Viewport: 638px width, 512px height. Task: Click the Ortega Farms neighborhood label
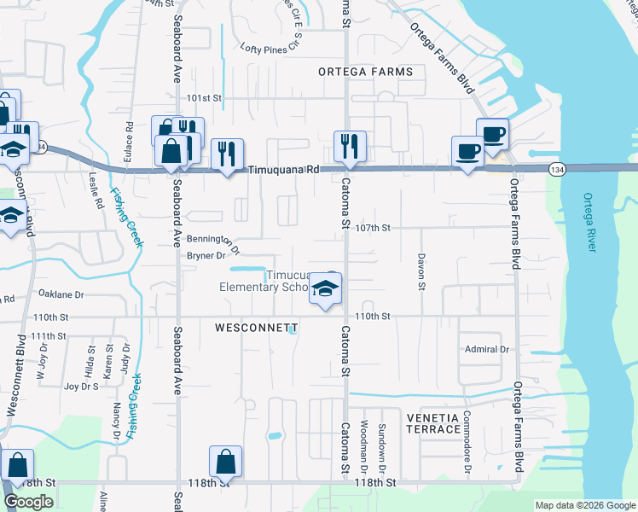point(366,72)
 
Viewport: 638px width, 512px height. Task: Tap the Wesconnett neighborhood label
point(256,328)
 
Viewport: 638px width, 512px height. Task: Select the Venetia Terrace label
point(433,422)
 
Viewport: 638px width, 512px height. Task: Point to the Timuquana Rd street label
point(283,170)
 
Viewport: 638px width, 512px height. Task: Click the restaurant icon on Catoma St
point(350,146)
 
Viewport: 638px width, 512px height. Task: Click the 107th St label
point(373,228)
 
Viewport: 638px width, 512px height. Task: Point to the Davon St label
point(421,271)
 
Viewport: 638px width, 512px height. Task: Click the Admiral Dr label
point(486,349)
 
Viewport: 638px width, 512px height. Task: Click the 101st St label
point(205,98)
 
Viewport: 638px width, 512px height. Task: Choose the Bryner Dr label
point(206,255)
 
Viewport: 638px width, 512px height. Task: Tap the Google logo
point(29,502)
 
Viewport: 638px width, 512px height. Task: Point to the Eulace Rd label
point(130,136)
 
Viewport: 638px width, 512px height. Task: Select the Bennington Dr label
point(213,242)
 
